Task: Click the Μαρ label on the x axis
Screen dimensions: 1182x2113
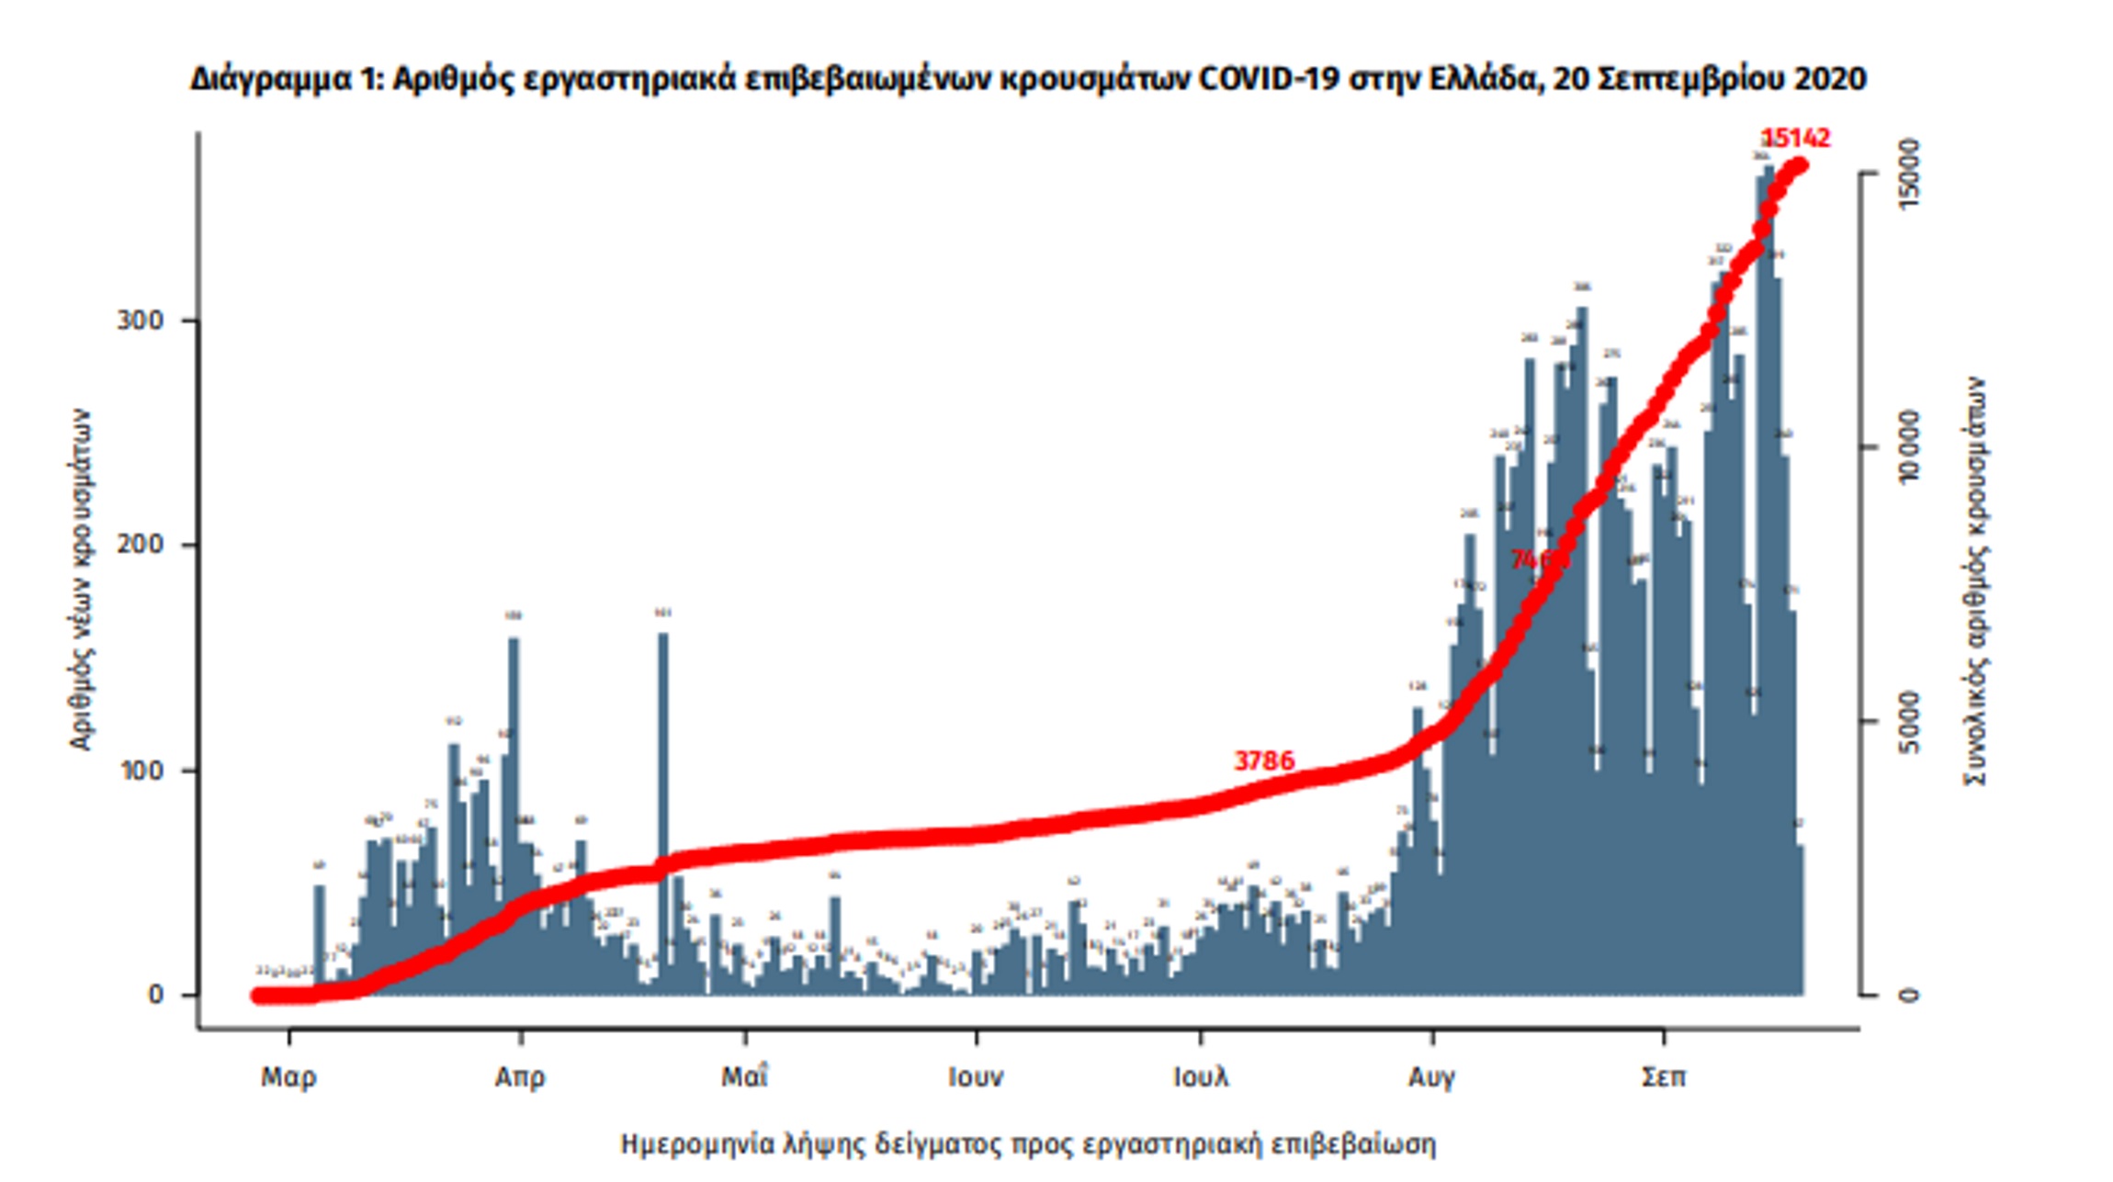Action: tap(288, 1077)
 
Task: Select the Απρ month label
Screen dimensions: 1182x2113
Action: tap(520, 1077)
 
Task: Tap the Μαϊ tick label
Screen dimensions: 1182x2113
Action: tap(744, 1075)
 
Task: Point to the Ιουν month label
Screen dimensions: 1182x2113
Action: tap(976, 1077)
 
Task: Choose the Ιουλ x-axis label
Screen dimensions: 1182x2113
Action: tap(1201, 1077)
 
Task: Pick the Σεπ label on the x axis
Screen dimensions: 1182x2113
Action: tap(1663, 1077)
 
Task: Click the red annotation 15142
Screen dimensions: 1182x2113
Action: tap(1796, 139)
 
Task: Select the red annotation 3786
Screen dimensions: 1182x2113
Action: tap(1264, 761)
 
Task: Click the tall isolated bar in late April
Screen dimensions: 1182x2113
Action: tap(662, 808)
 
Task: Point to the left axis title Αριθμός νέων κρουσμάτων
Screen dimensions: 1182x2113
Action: tap(82, 580)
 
